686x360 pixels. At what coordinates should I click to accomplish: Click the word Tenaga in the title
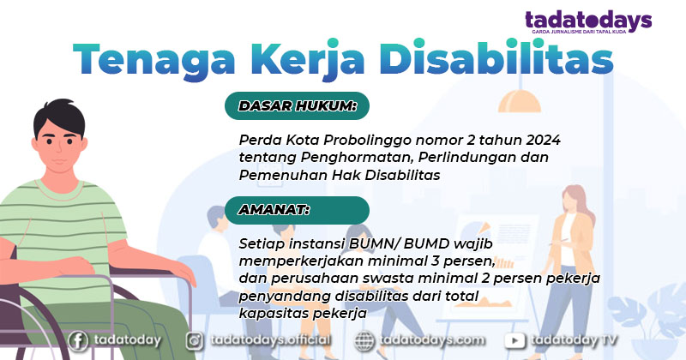[154, 59]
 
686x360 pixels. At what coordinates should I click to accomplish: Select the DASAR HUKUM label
[298, 105]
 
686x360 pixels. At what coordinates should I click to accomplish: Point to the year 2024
[543, 140]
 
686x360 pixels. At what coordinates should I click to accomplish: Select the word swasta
[388, 279]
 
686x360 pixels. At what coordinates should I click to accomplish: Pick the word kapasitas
[274, 314]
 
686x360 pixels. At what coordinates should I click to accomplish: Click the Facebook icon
[78, 341]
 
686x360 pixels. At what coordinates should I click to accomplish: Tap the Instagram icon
[195, 341]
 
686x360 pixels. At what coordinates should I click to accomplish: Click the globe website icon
[364, 341]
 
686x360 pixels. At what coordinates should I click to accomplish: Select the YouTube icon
[515, 341]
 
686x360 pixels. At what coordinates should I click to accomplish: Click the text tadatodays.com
[432, 341]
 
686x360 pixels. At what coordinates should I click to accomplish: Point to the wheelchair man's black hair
[59, 116]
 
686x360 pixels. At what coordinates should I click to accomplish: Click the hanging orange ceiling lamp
[520, 101]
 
